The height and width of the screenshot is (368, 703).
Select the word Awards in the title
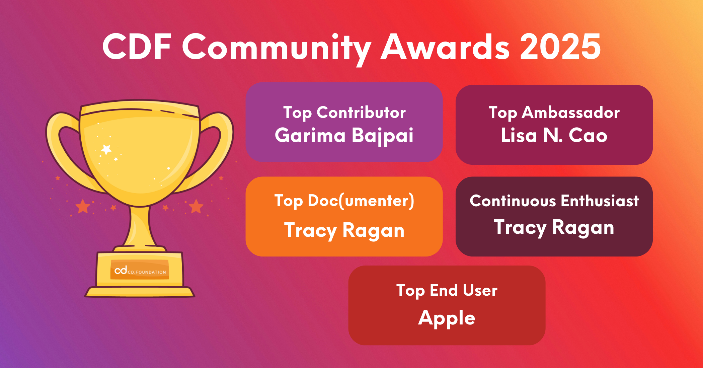coord(445,47)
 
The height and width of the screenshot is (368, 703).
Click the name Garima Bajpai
coord(344,136)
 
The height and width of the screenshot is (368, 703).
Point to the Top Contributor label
coord(344,113)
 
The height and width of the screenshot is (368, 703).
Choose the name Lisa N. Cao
coord(554,135)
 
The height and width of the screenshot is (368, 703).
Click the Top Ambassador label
coord(554,113)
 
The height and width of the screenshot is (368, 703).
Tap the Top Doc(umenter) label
coord(344,201)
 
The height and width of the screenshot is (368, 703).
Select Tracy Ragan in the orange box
coord(344,230)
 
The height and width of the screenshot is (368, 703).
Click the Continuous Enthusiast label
coord(554,201)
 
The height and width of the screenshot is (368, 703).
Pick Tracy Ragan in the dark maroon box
coord(554,227)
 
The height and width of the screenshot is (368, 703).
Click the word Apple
coord(447,318)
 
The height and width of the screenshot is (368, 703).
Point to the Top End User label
coord(447,290)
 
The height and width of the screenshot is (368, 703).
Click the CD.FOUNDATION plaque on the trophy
coord(140,270)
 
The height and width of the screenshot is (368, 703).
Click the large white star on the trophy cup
coord(106,149)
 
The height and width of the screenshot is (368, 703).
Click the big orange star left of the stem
coord(83,206)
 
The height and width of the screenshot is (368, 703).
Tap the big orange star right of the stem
coord(196,206)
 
